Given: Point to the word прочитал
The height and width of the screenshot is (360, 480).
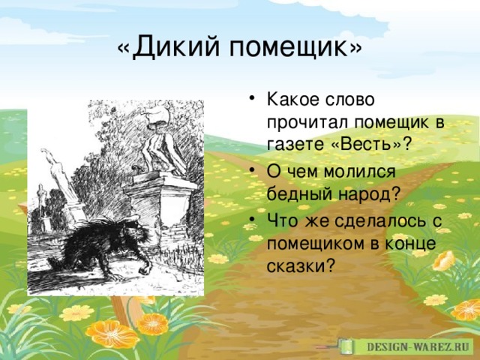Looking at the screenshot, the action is coord(307,122).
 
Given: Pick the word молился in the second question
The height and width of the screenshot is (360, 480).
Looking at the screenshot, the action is coord(360,172).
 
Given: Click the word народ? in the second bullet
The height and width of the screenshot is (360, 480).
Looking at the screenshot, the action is coord(370,193).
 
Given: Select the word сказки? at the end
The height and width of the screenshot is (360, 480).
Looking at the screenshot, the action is coord(300,265).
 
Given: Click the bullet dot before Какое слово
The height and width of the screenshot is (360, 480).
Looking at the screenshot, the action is coord(252,99).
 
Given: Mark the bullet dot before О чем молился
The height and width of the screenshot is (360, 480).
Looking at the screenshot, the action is coord(252,169).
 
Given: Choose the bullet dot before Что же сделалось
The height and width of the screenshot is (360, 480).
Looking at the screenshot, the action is coord(252,219).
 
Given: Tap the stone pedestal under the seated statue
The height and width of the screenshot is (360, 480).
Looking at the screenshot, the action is coord(159,208).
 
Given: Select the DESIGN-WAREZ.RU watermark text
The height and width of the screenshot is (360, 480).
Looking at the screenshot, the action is coord(418,346).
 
